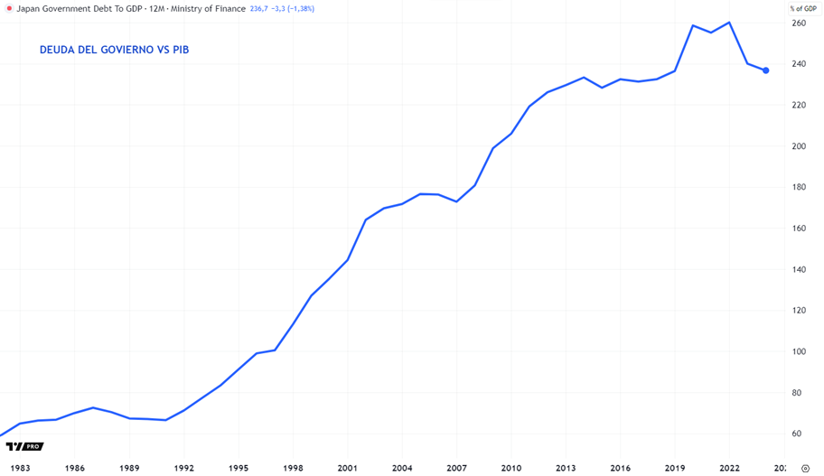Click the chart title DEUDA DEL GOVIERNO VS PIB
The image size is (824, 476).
pyautogui.click(x=114, y=50)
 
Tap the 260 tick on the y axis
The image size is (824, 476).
pyautogui.click(x=798, y=23)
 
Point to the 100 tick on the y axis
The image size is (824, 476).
pyautogui.click(x=798, y=351)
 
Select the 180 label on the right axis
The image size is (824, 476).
pyautogui.click(x=798, y=187)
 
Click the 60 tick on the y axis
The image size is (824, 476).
pyautogui.click(x=796, y=434)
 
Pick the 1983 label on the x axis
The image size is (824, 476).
pyautogui.click(x=20, y=468)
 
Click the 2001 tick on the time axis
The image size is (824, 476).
pyautogui.click(x=348, y=468)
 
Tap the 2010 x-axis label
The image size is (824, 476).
pyautogui.click(x=511, y=468)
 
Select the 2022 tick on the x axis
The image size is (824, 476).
pyautogui.click(x=730, y=468)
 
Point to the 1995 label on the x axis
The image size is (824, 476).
pyautogui.click(x=239, y=468)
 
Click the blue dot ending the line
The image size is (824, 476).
pyautogui.click(x=766, y=70)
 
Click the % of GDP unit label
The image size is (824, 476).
pyautogui.click(x=803, y=8)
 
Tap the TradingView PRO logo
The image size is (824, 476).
pyautogui.click(x=24, y=446)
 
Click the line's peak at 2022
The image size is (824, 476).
pyautogui.click(x=729, y=23)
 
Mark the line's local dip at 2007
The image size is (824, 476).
pyautogui.click(x=457, y=201)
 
